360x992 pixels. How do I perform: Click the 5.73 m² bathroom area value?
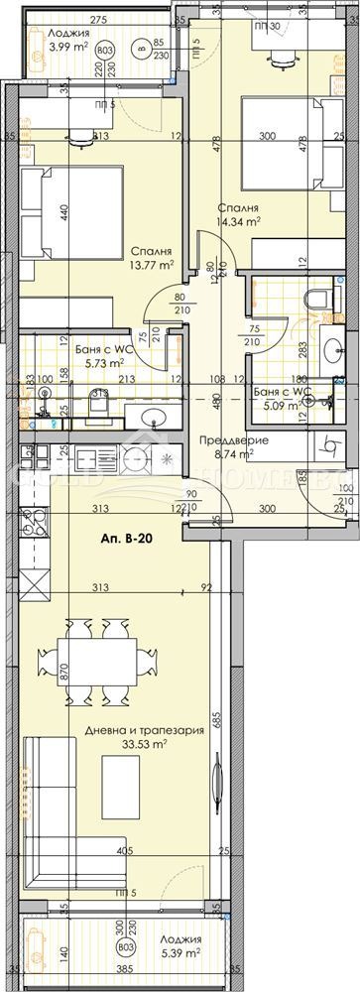pyautogui.click(x=98, y=364)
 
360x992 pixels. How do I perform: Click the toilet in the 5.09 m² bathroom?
pyautogui.click(x=319, y=301)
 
